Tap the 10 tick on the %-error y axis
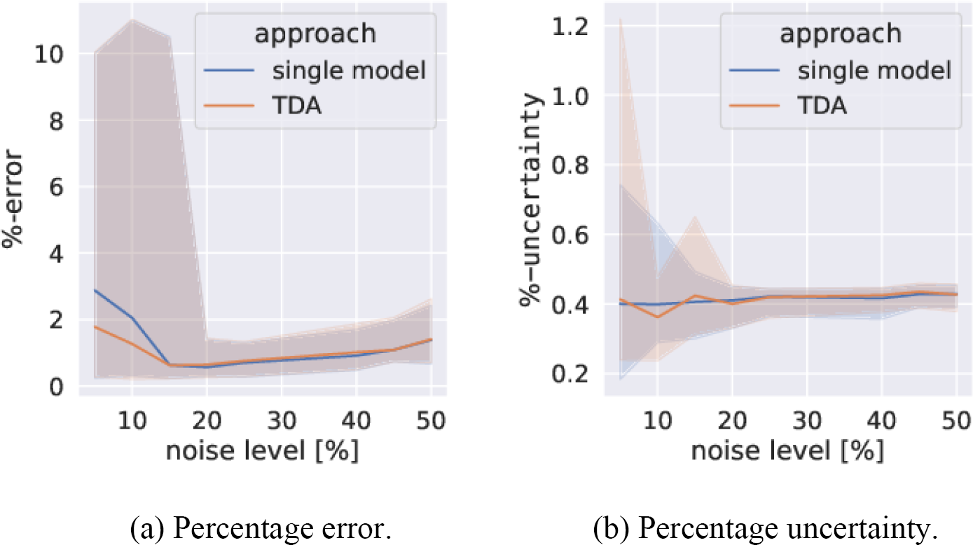tap(62, 53)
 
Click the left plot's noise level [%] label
tap(262, 450)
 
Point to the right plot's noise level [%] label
tap(787, 450)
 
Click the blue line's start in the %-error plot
tap(95, 290)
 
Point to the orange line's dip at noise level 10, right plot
tap(656, 317)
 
